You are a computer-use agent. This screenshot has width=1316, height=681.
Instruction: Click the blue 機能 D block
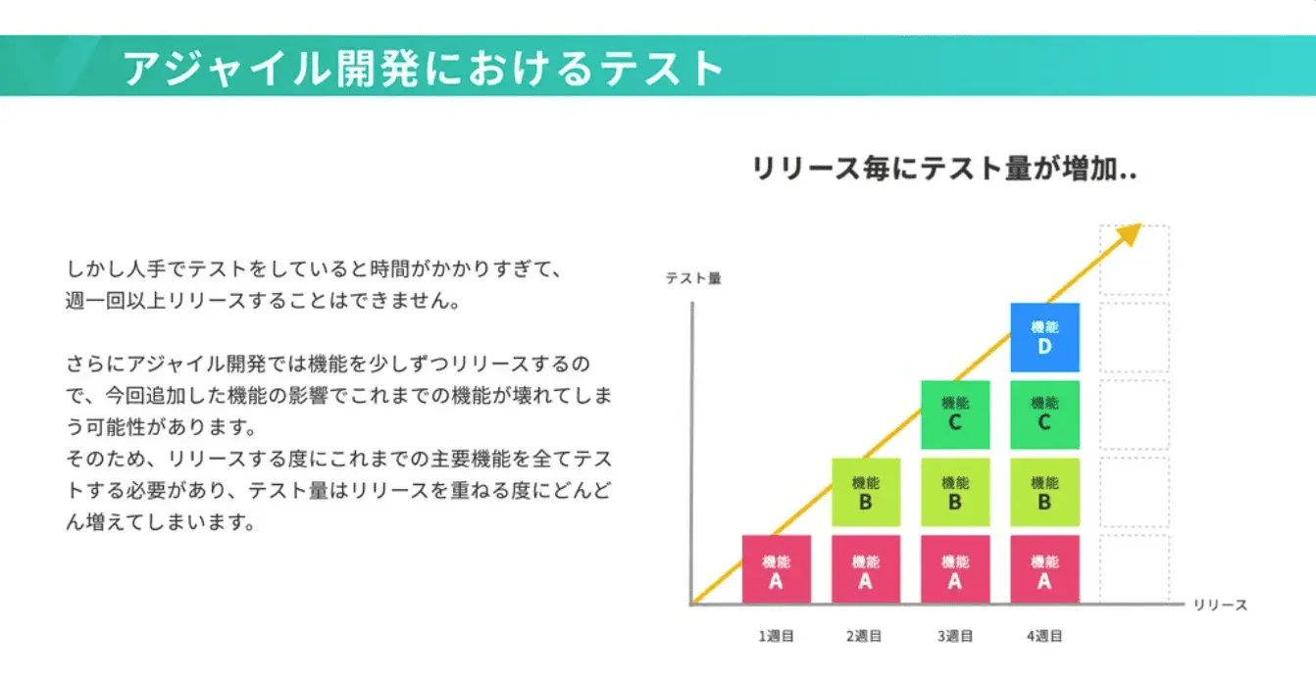point(1044,338)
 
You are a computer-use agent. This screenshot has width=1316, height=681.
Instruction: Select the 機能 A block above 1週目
point(776,569)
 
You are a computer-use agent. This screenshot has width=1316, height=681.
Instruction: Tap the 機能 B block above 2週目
point(865,492)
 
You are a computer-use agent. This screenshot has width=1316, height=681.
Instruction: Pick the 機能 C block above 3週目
point(955,415)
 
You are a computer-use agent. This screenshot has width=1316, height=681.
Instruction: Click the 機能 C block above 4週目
point(1044,415)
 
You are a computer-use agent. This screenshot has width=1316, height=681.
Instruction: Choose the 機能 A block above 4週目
point(1044,569)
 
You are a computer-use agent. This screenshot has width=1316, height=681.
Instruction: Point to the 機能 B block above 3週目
point(955,492)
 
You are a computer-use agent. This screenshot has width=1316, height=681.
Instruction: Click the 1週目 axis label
point(776,636)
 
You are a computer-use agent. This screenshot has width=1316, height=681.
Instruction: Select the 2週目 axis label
point(864,636)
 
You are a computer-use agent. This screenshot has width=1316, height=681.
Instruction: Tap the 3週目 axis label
point(955,636)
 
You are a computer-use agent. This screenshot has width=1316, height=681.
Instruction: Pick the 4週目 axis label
point(1044,636)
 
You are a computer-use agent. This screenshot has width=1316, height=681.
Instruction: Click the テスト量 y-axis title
point(693,278)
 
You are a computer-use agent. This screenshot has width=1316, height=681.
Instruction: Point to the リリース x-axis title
point(1220,605)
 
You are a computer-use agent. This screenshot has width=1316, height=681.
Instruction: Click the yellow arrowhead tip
point(1140,224)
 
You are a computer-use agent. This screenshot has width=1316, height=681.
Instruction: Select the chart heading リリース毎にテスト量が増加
point(944,169)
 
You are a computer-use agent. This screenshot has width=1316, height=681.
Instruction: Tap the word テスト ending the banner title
point(662,69)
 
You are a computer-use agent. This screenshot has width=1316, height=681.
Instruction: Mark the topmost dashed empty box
point(1135,260)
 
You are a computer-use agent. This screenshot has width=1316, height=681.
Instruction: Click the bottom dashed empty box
point(1135,568)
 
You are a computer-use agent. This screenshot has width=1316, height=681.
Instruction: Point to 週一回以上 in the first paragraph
point(116,301)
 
